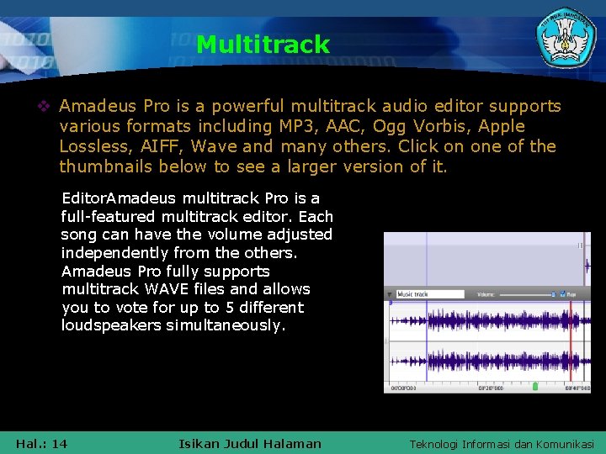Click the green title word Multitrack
263,44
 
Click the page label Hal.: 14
41,443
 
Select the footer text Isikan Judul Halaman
250,443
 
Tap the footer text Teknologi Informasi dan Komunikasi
502,444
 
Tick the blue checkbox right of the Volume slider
561,294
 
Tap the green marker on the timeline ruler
534,387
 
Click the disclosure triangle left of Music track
390,294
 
